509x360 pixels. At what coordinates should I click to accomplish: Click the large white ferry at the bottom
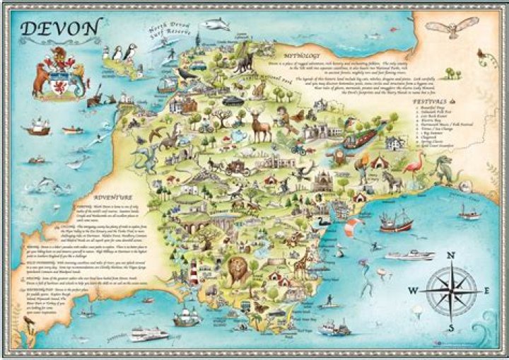pyautogui.click(x=148, y=334)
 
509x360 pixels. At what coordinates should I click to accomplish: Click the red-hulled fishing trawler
pyautogui.click(x=395, y=221)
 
